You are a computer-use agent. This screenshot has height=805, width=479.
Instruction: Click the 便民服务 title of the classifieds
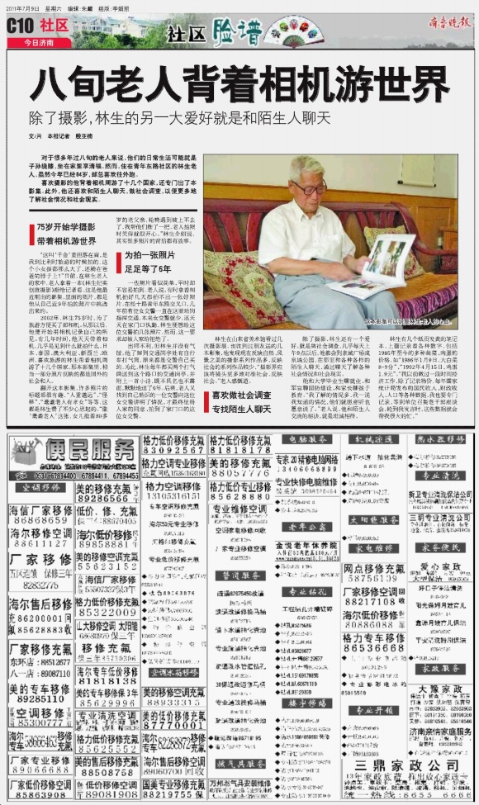coord(92,450)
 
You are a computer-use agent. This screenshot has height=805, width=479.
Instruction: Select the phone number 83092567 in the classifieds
coord(173,451)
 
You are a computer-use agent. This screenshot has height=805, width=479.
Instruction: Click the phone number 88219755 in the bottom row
coord(173,796)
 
